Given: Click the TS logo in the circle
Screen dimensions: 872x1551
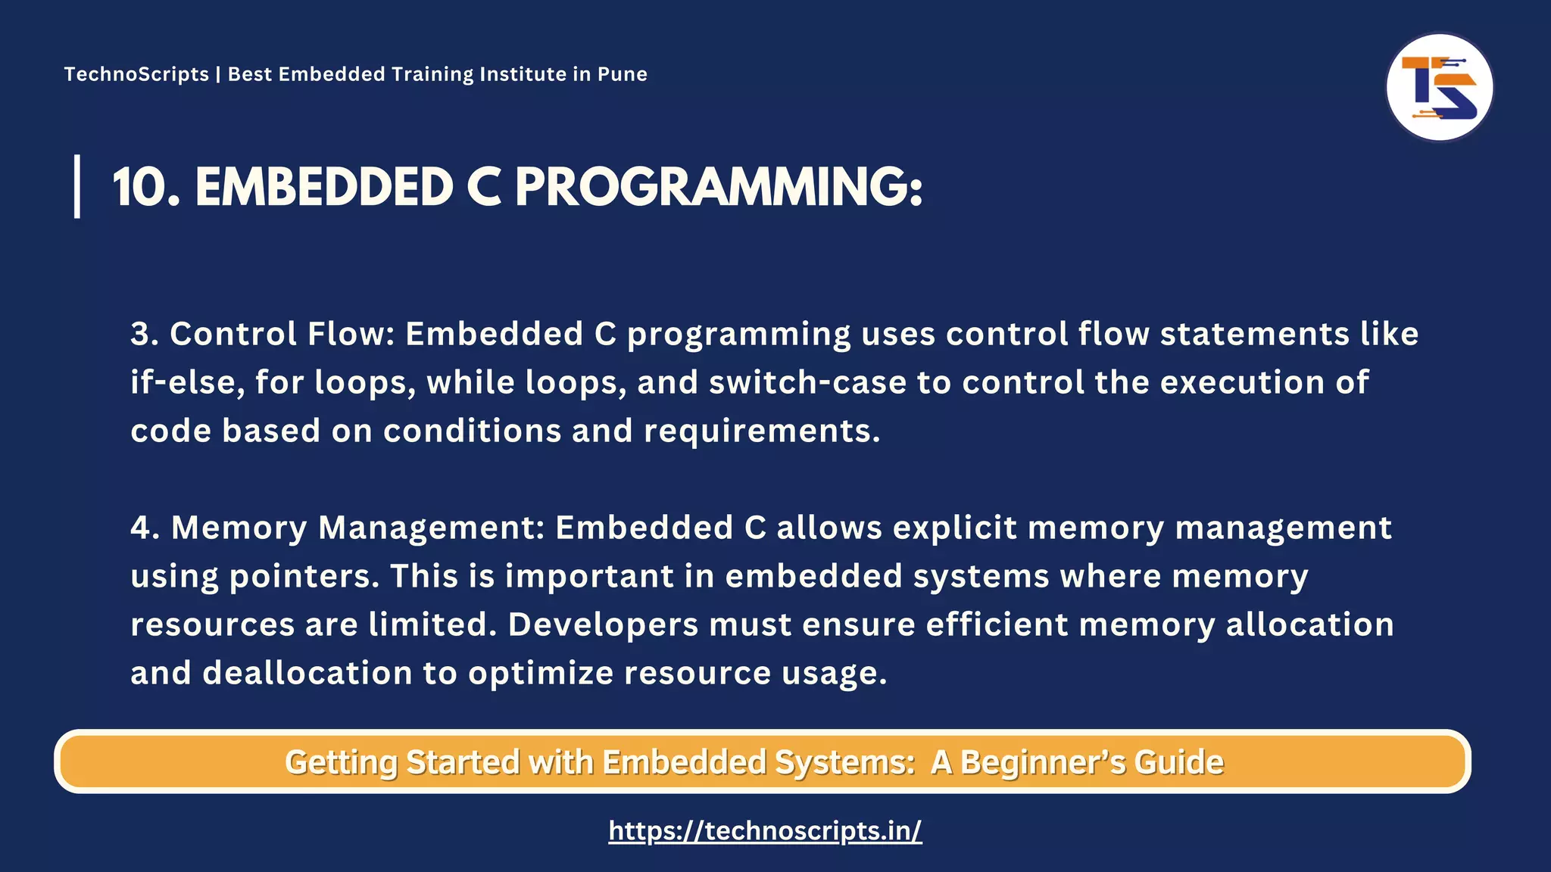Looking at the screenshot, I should (1439, 87).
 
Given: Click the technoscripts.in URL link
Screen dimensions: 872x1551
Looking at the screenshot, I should (765, 830).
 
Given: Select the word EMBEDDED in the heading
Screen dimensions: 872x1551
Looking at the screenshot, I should (324, 187).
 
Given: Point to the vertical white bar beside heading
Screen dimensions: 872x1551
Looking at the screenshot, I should (77, 186).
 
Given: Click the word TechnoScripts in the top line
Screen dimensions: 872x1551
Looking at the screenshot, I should (136, 74).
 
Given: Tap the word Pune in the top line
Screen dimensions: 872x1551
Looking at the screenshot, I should (622, 74).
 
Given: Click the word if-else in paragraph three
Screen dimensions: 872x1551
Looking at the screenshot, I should (187, 382).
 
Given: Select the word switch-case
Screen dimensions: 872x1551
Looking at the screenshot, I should (807, 382).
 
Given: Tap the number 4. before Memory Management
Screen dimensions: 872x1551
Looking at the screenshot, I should (145, 528).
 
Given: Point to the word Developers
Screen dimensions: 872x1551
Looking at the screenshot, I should (603, 624).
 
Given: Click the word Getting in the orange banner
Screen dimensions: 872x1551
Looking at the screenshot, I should (340, 762).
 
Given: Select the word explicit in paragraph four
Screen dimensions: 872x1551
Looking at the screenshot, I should (953, 528).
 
